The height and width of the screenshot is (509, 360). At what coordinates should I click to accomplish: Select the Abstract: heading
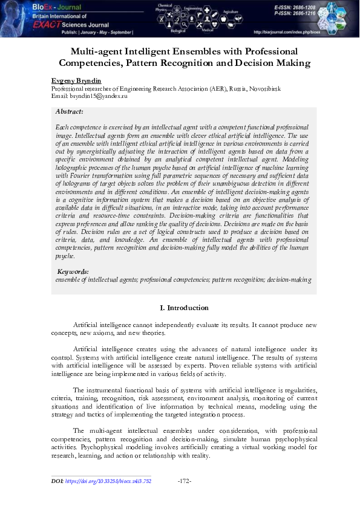69,112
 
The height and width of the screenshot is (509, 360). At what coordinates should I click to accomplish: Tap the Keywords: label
72,272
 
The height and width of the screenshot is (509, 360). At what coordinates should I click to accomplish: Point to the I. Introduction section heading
184,308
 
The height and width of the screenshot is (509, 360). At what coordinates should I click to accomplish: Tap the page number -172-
185,481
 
